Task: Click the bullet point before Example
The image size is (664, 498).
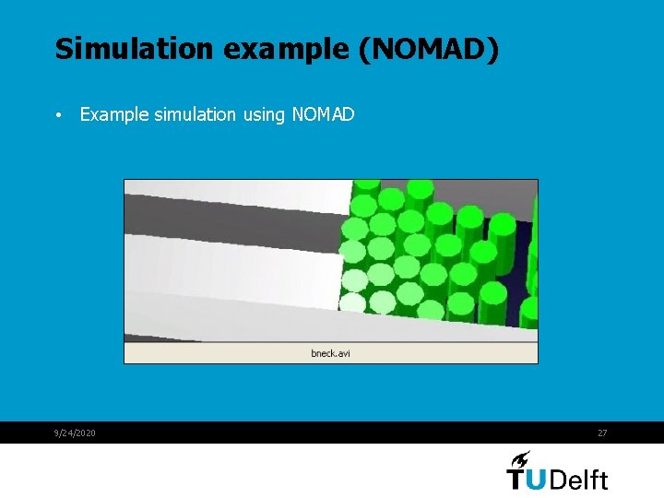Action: click(x=58, y=116)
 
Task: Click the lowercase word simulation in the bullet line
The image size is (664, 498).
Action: click(x=195, y=114)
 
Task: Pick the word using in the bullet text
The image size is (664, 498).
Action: click(x=265, y=114)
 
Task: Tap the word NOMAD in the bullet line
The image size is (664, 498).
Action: click(x=323, y=114)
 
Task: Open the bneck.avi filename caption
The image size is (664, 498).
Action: click(x=330, y=353)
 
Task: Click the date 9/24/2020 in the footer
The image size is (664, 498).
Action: click(x=75, y=433)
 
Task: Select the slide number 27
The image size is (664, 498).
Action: click(x=602, y=433)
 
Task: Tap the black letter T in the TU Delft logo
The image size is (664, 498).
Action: click(x=517, y=480)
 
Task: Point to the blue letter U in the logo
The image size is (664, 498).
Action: click(x=540, y=480)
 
